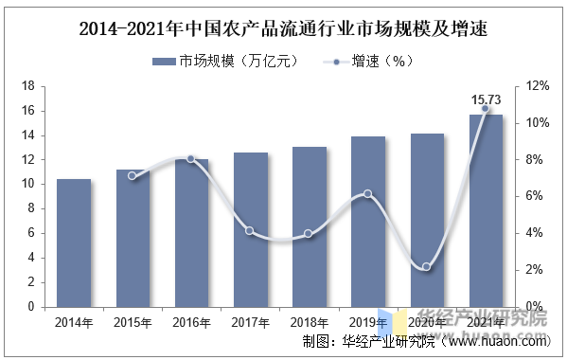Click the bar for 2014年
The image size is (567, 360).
pyautogui.click(x=74, y=243)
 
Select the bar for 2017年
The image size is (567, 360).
pyautogui.click(x=251, y=229)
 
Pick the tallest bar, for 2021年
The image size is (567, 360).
pyautogui.click(x=486, y=210)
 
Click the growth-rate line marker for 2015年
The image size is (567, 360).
pyautogui.click(x=133, y=176)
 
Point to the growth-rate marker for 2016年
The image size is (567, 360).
pyautogui.click(x=191, y=158)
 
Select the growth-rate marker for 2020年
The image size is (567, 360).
pyautogui.click(x=427, y=267)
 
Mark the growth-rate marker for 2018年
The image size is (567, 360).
pyautogui.click(x=309, y=234)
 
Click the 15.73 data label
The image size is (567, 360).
pyautogui.click(x=487, y=99)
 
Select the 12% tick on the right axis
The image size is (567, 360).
pyautogui.click(x=538, y=86)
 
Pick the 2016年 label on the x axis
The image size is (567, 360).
pyautogui.click(x=191, y=323)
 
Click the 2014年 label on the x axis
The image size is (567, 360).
pyautogui.click(x=74, y=323)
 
